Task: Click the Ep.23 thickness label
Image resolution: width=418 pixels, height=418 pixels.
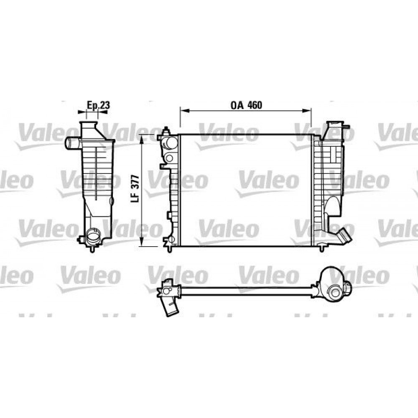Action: [x=98, y=106]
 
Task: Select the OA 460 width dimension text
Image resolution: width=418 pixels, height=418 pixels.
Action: [x=246, y=105]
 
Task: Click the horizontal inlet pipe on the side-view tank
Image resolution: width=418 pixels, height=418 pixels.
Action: [x=72, y=143]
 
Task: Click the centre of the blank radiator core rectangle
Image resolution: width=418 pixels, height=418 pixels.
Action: [x=246, y=190]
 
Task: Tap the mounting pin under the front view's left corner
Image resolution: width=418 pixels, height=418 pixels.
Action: [x=168, y=249]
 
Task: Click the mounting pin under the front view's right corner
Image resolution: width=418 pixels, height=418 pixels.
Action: [x=321, y=248]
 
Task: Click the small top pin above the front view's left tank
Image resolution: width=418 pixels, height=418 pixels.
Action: [x=167, y=129]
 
